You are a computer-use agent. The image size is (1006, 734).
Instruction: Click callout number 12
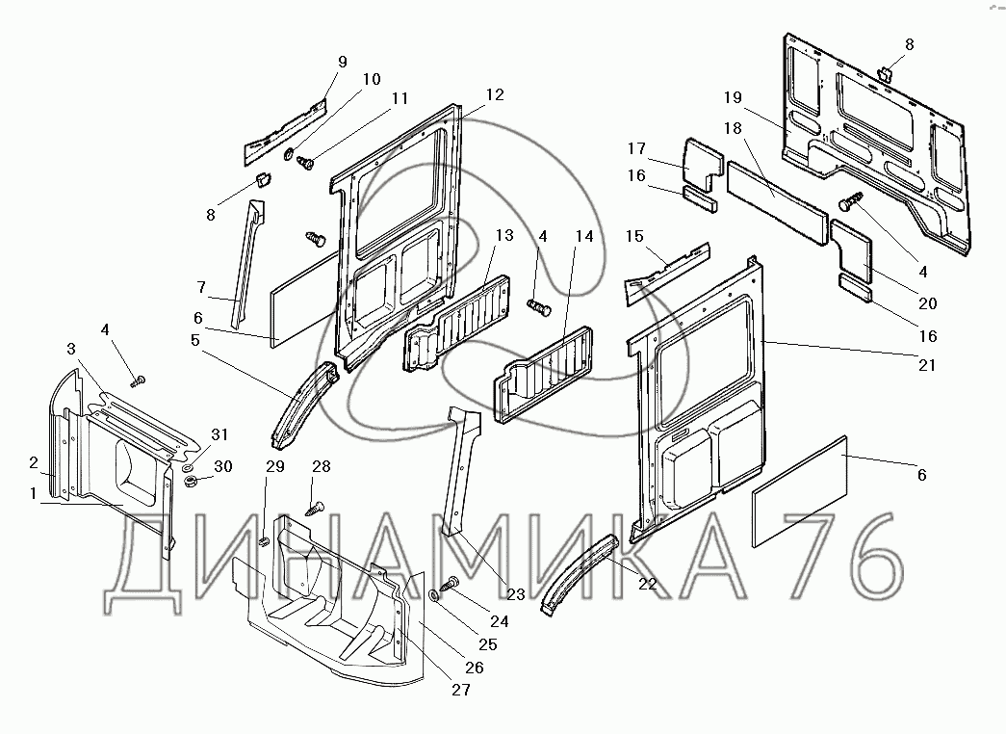click(x=494, y=94)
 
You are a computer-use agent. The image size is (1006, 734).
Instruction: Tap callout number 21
click(x=926, y=365)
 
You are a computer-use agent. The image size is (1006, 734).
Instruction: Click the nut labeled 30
click(x=191, y=480)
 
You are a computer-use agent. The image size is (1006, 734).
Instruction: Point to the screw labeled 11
click(x=307, y=163)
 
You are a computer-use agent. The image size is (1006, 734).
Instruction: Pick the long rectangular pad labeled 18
click(x=776, y=192)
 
